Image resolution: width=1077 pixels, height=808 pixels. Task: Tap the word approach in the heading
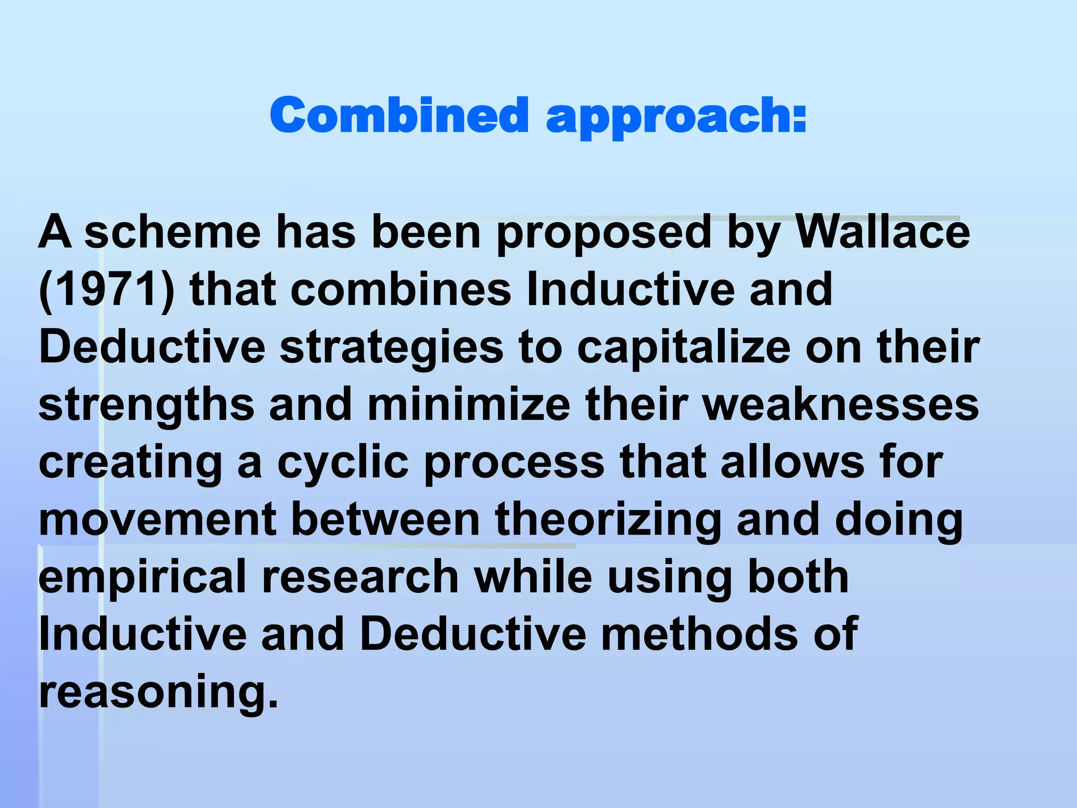(x=676, y=117)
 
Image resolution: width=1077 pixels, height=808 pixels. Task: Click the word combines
(x=401, y=290)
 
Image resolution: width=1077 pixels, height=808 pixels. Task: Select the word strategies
(x=391, y=349)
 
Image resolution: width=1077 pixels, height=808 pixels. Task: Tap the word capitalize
(x=684, y=349)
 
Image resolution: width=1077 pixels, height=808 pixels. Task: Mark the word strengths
(x=146, y=406)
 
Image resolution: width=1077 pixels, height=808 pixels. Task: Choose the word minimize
(x=469, y=405)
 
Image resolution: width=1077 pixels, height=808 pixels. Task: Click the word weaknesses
(x=841, y=405)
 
